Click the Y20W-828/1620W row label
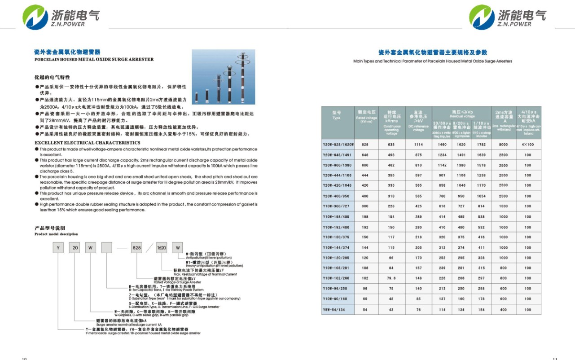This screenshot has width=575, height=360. click(338, 145)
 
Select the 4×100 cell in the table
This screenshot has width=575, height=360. click(528, 145)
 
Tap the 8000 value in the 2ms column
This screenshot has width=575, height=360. click(503, 145)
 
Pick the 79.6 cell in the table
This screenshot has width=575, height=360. click(391, 278)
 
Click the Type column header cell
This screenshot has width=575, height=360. click(337, 115)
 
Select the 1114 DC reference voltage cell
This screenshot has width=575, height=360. click(418, 145)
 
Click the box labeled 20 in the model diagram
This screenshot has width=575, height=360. click(75, 247)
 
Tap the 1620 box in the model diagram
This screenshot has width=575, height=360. click(161, 247)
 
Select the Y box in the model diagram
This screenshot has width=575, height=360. click(58, 247)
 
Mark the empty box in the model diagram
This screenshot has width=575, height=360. click(106, 247)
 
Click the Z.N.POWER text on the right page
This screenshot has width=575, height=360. click(514, 24)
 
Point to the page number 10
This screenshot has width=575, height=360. click(24, 358)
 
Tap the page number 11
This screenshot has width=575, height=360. click(554, 358)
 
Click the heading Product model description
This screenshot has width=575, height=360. click(56, 234)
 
